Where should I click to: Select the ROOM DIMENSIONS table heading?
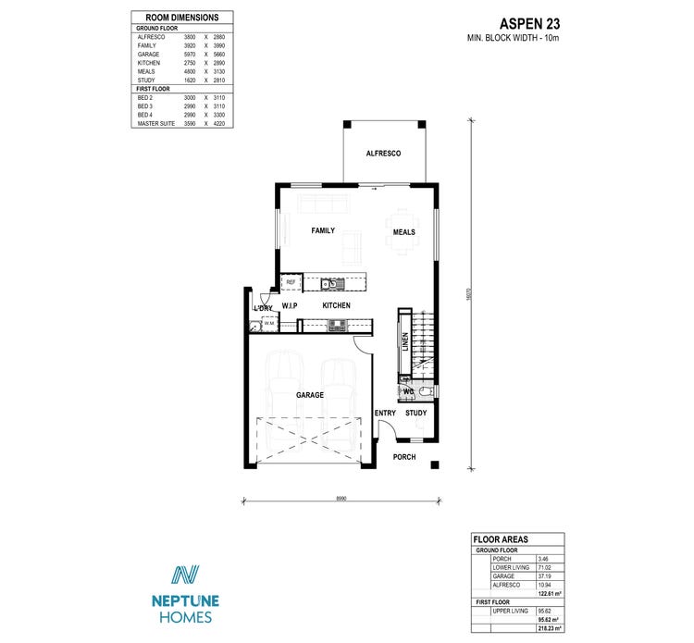[176, 18]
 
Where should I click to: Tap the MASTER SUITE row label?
[155, 123]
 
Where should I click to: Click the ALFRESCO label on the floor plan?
[383, 153]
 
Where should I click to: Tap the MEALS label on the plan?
[404, 232]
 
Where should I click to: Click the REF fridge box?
[291, 282]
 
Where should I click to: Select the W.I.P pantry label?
[289, 305]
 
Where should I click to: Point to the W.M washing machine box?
[268, 324]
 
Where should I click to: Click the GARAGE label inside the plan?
[310, 395]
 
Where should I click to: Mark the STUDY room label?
[416, 413]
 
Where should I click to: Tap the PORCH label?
[404, 457]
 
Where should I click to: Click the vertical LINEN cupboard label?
[404, 341]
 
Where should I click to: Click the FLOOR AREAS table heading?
[500, 538]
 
